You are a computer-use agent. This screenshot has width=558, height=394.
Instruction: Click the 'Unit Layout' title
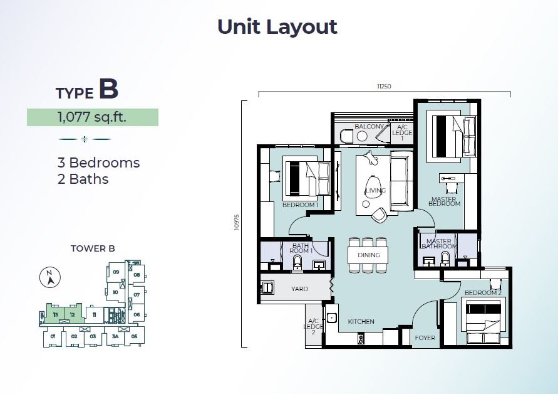click(277, 27)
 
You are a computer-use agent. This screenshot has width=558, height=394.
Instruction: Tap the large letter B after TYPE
click(108, 89)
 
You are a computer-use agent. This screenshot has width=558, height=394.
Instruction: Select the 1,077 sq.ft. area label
click(92, 117)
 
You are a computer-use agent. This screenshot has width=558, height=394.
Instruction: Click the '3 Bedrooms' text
click(98, 162)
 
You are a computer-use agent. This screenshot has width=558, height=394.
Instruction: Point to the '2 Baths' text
click(83, 179)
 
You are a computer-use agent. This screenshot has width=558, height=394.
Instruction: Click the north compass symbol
click(50, 277)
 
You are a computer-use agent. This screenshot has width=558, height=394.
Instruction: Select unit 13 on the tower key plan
click(56, 314)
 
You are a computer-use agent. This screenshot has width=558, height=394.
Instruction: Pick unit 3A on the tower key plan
click(115, 336)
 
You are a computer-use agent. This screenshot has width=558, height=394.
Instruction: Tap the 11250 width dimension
click(384, 86)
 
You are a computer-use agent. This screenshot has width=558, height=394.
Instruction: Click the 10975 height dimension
click(237, 222)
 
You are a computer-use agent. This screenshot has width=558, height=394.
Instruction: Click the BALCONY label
click(369, 126)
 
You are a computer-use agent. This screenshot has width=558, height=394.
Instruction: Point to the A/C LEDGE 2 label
click(313, 327)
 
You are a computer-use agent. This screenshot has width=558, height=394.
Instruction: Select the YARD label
click(299, 289)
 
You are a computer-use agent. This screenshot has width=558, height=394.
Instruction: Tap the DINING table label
click(369, 255)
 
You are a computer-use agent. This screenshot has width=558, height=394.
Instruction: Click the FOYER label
click(425, 338)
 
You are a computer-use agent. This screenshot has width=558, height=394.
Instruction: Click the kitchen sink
click(332, 317)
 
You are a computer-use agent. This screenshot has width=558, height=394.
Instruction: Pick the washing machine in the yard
click(267, 288)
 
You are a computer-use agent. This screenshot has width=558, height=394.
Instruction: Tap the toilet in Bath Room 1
click(297, 263)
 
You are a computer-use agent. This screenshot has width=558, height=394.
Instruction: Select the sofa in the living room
click(402, 181)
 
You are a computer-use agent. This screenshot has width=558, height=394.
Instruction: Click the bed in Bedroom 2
click(483, 321)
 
